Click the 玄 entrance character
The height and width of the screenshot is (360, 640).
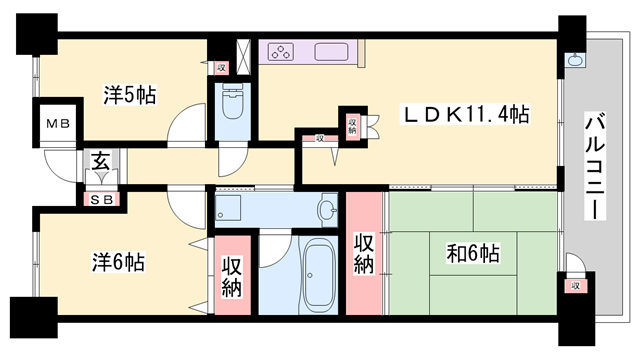click(101, 160)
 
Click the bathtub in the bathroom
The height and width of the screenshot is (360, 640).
click(319, 271)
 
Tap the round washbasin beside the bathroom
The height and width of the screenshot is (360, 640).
click(327, 210)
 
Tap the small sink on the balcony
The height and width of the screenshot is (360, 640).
click(576, 59)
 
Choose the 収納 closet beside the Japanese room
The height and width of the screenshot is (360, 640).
click(364, 251)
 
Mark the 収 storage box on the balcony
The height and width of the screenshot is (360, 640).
click(575, 286)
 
